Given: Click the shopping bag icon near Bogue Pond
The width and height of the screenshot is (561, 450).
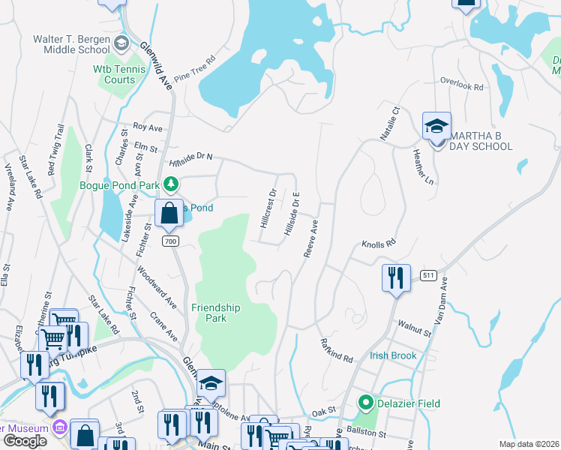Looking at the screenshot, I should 169,213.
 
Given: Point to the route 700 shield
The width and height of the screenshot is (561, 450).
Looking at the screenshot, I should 170,241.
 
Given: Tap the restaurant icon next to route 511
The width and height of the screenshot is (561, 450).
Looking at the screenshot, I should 395,277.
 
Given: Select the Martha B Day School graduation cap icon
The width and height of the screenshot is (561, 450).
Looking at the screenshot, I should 436,126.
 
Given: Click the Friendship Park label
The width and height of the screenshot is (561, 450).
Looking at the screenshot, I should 215,313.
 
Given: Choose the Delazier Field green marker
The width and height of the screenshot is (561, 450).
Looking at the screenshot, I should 366,403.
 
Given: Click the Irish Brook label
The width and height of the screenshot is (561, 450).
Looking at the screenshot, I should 392,355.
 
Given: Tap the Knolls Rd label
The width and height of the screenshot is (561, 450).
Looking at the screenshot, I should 378,244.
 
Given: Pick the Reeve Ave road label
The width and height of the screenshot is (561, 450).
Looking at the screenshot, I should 311,238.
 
